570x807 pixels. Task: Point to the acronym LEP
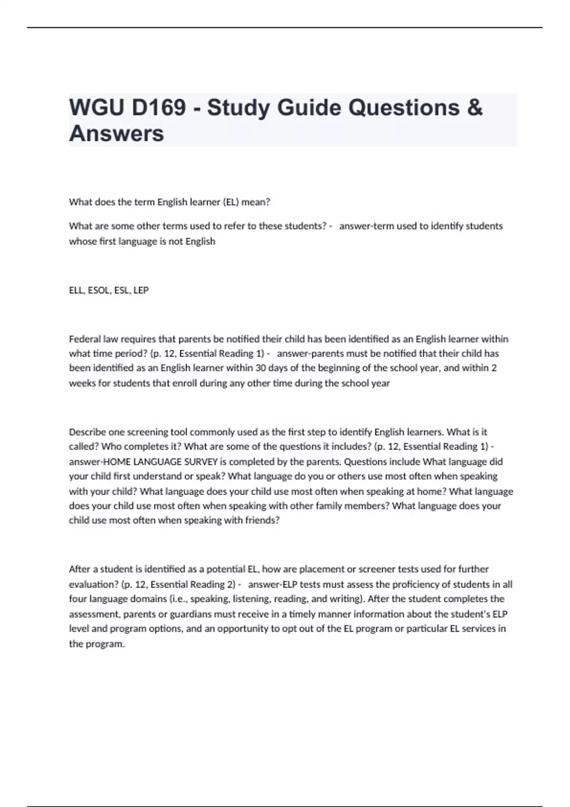[x=141, y=290]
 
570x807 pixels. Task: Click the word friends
[x=262, y=520]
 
